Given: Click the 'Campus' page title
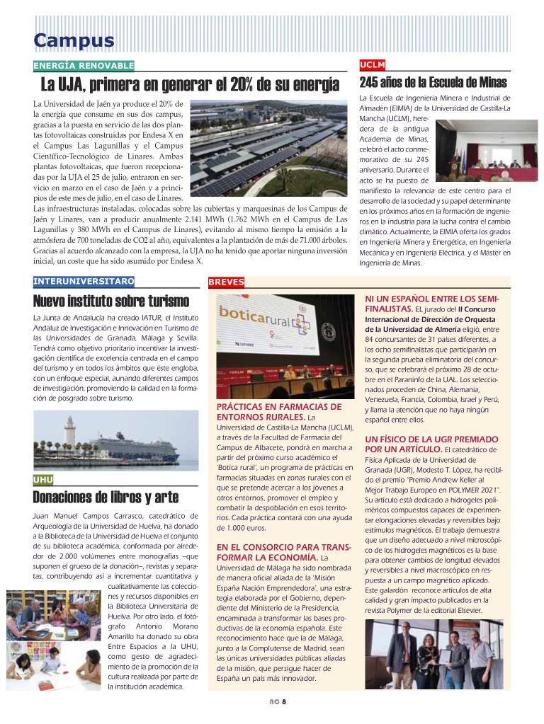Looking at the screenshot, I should click(74, 41).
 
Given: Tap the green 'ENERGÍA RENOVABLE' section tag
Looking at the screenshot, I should click(84, 66).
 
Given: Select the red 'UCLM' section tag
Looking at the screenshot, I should click(373, 65).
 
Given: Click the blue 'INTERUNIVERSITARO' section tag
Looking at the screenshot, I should click(84, 281).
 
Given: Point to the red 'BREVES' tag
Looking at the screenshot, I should click(227, 282).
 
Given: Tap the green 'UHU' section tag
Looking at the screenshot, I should click(43, 480).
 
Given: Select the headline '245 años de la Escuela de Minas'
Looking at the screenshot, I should click(433, 83).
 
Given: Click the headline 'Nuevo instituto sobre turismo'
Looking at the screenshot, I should click(101, 301).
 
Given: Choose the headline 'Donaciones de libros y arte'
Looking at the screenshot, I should click(106, 497).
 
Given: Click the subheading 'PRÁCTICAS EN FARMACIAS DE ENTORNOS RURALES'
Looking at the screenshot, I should click(279, 412).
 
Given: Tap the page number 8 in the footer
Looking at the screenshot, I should click(283, 702).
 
